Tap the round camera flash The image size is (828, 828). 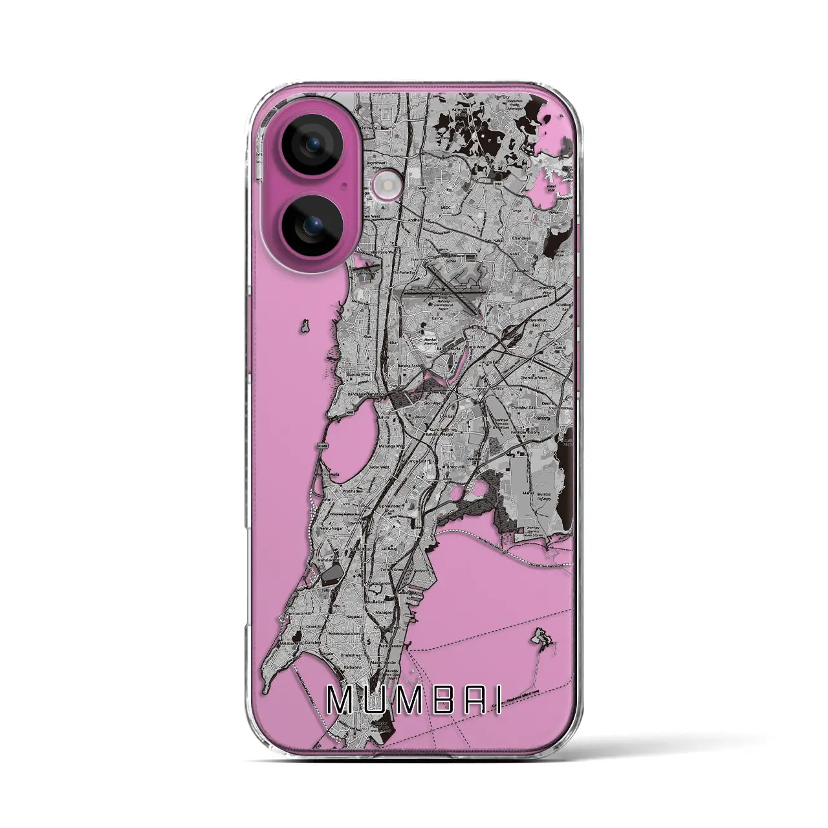(380, 190)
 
